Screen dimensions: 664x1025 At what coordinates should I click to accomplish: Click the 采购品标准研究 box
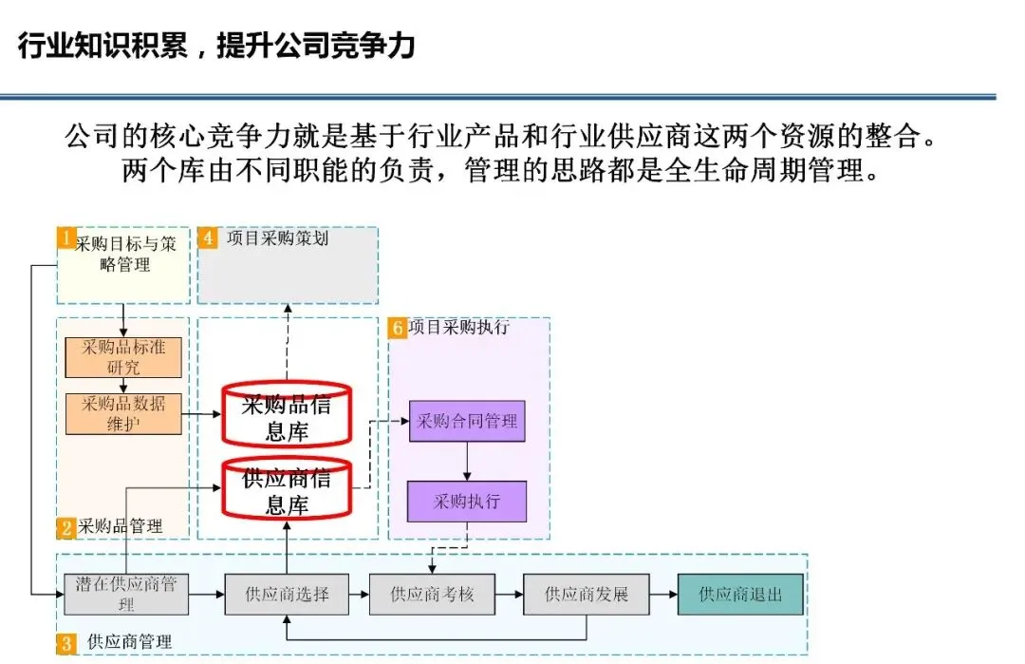point(123,356)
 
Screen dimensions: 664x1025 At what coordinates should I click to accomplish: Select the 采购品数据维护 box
point(123,413)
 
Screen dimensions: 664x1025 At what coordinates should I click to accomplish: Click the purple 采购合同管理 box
point(467,421)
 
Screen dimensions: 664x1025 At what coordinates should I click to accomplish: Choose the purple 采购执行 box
point(467,502)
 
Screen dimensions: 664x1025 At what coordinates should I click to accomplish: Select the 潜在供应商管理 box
point(126,595)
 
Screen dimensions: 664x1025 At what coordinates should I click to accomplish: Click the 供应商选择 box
point(287,595)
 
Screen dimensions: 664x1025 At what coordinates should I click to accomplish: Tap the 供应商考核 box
point(432,595)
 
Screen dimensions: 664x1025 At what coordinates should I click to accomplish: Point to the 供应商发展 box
point(586,595)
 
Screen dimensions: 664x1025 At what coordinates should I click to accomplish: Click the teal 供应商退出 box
point(740,595)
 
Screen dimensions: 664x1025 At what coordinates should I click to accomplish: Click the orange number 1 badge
point(65,237)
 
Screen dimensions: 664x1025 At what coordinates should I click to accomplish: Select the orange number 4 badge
point(207,237)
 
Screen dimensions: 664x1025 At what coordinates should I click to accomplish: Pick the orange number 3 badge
point(65,643)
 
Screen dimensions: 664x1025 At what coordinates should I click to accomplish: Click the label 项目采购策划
point(277,238)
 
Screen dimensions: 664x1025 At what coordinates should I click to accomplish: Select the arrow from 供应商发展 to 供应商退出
point(662,595)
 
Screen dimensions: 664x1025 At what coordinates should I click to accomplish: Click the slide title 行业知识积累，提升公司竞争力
point(216,45)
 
